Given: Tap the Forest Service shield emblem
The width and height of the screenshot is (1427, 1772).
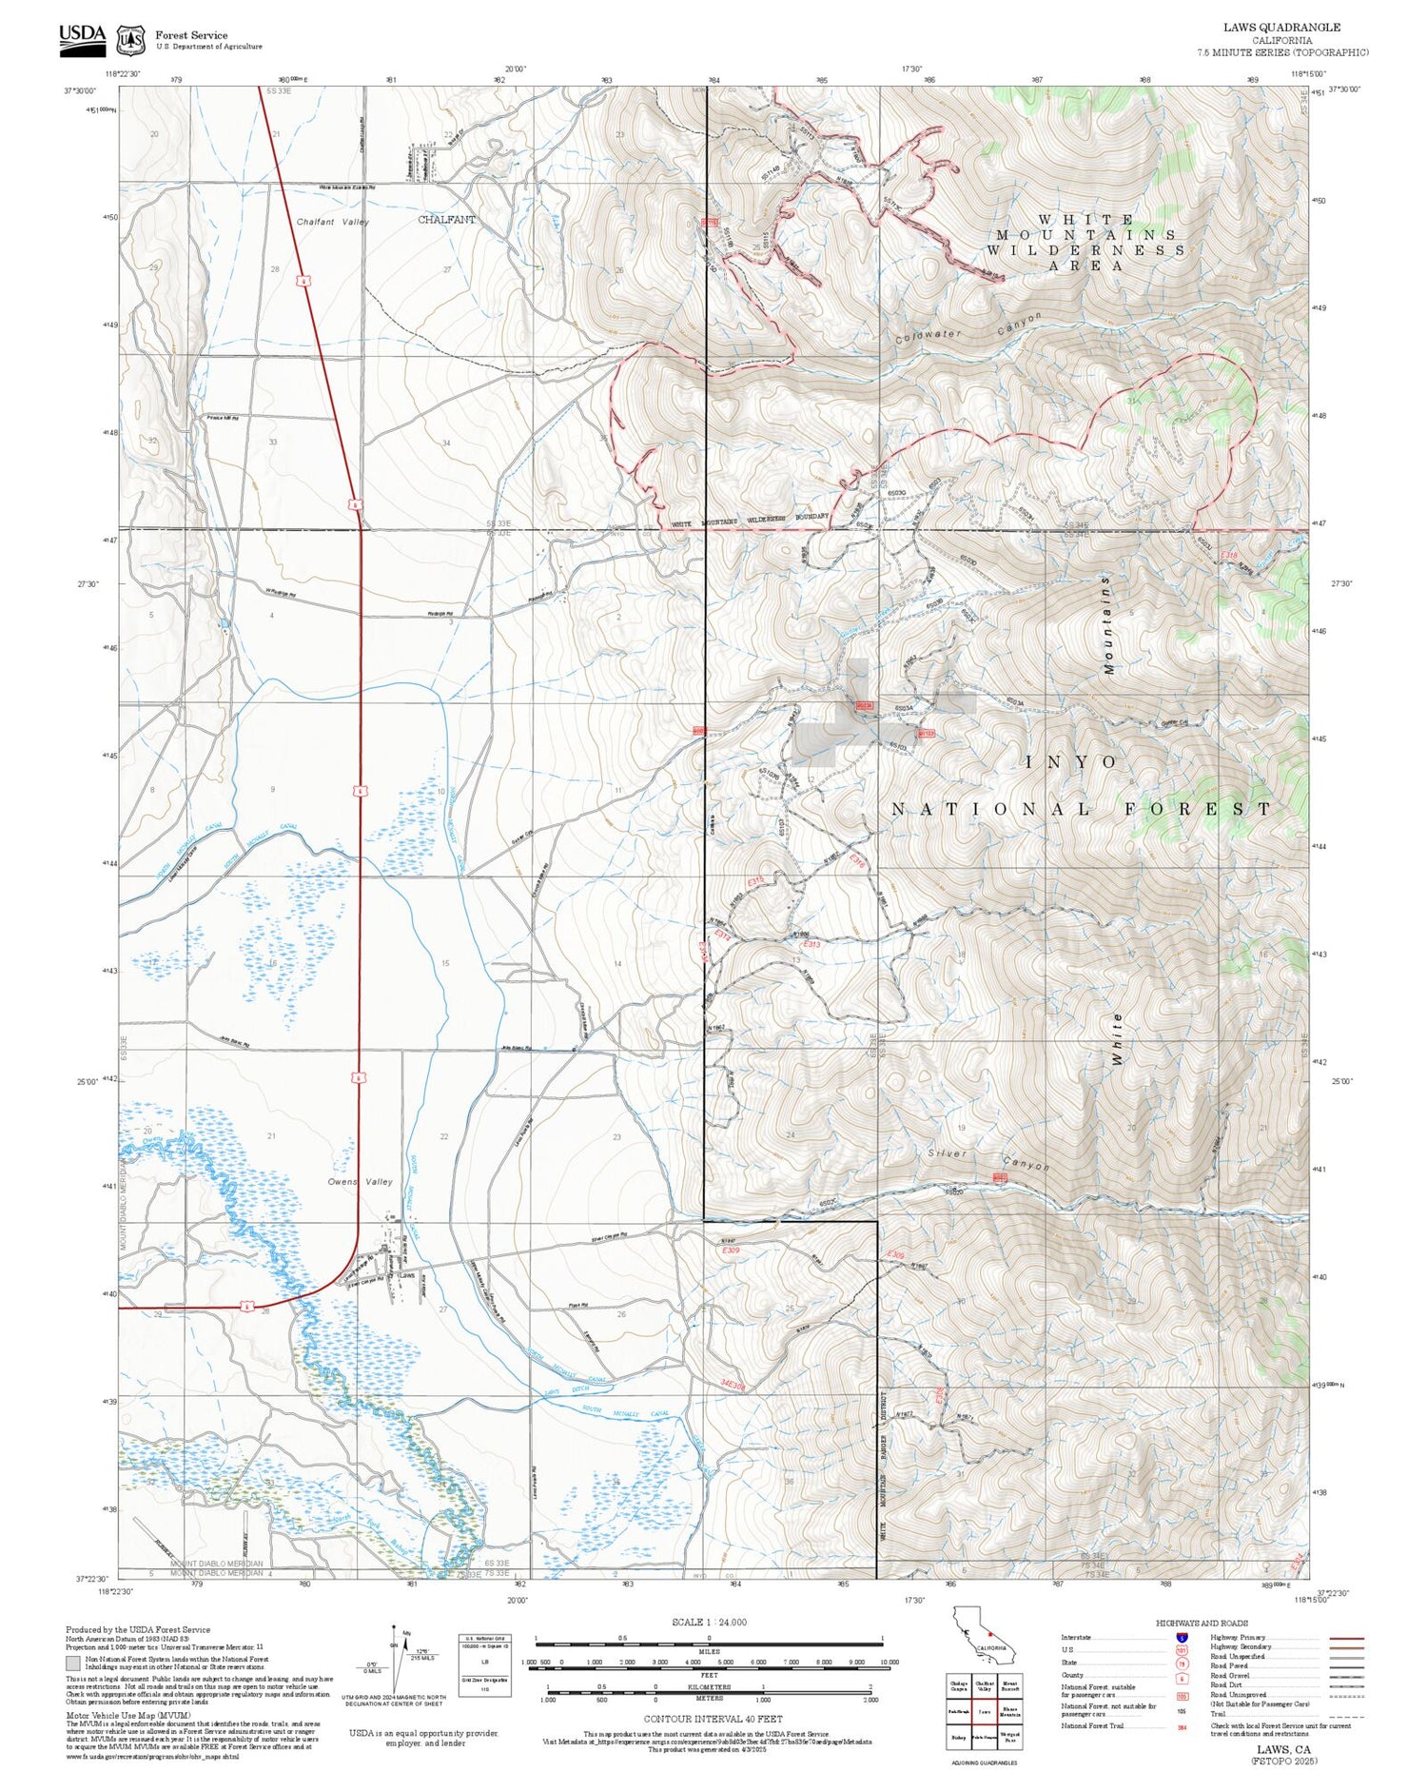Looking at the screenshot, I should click(x=131, y=40).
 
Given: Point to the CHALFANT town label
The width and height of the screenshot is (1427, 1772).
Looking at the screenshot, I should click(x=446, y=220).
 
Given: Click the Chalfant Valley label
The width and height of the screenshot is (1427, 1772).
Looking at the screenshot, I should click(x=332, y=222).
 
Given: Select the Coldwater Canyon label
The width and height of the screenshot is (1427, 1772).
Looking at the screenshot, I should click(x=968, y=326).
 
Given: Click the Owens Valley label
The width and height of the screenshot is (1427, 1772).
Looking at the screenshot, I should click(x=360, y=1182).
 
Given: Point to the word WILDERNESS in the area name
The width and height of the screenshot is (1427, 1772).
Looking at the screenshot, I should click(x=1085, y=250).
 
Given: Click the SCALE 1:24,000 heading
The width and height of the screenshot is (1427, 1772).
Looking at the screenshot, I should click(x=709, y=1622).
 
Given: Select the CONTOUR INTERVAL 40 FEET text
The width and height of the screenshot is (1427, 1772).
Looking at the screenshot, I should click(x=713, y=1719).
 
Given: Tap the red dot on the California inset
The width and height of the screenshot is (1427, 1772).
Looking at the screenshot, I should click(x=990, y=1635).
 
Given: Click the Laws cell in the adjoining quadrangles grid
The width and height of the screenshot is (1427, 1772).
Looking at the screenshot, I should click(x=985, y=1710).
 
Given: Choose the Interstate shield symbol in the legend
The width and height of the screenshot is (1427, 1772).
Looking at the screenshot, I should click(x=1182, y=1638).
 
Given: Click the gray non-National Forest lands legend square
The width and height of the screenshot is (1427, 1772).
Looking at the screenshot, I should click(x=72, y=1663).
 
